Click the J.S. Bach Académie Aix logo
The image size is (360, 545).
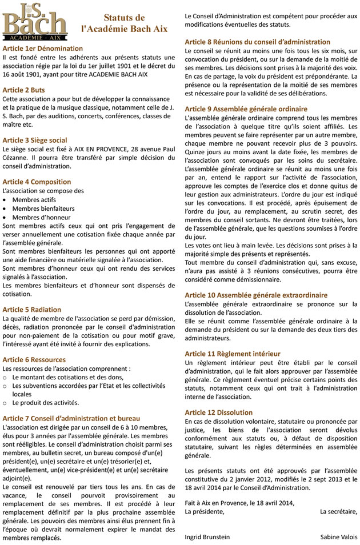(x=34, y=21)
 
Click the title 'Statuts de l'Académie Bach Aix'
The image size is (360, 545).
(x=124, y=23)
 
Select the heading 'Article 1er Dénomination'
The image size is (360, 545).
(x=42, y=49)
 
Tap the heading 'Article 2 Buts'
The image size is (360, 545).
(x=23, y=90)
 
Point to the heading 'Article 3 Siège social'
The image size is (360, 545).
(x=34, y=140)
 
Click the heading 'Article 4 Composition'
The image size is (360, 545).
(x=37, y=182)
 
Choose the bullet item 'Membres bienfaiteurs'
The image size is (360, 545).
(x=43, y=209)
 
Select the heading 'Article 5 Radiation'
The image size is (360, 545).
(x=31, y=310)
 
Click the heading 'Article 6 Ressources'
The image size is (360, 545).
(x=34, y=360)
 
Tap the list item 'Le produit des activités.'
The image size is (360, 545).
(x=46, y=402)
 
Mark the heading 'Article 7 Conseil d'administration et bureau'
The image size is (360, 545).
(x=71, y=419)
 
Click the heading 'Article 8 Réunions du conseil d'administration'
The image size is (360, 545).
(x=257, y=42)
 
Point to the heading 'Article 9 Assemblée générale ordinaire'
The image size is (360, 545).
(x=246, y=109)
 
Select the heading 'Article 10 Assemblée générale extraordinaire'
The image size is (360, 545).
(x=256, y=295)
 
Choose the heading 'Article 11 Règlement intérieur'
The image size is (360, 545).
(x=233, y=354)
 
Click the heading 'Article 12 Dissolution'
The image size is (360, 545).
(x=218, y=412)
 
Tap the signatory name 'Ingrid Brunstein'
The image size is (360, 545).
(x=207, y=537)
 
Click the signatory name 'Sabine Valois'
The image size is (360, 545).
(x=338, y=537)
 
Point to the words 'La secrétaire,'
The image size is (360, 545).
(x=338, y=511)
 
